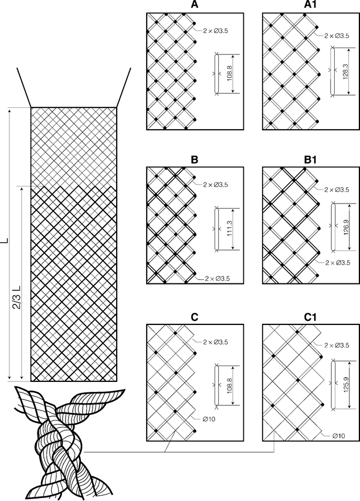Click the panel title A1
click(310, 5)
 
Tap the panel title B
click(194, 160)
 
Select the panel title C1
click(310, 317)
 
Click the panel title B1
click(310, 160)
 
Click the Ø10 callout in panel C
click(209, 419)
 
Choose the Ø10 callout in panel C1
click(338, 435)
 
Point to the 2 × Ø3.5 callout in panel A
click(216, 31)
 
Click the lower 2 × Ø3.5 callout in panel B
click(217, 278)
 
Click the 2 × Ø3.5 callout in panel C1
click(337, 345)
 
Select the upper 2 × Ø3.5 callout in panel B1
click(337, 189)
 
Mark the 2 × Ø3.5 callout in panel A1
click(337, 36)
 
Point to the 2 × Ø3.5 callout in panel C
click(216, 342)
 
